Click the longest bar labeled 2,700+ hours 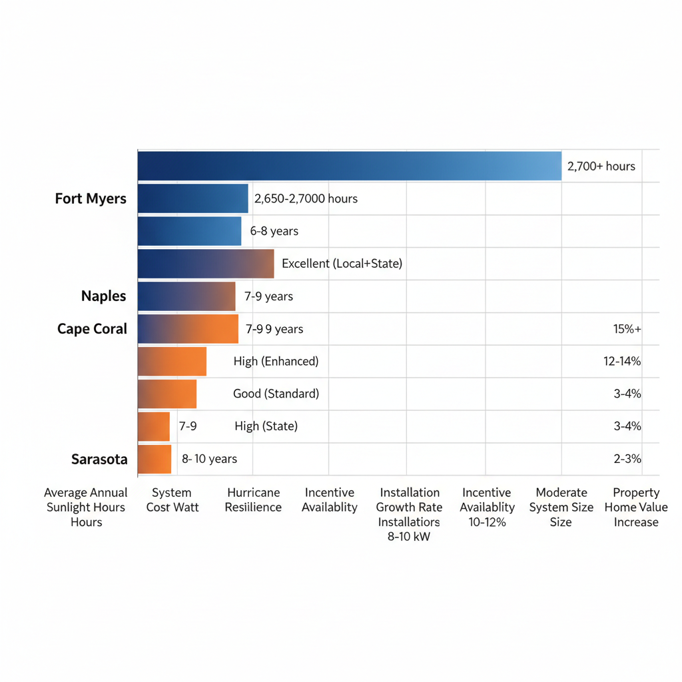point(350,166)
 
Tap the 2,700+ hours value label point(601,167)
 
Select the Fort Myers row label point(91,198)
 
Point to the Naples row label point(104,296)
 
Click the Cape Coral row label point(92,329)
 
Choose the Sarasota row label point(99,459)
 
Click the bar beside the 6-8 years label point(190,231)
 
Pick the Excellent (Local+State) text point(342,264)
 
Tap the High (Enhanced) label point(276,362)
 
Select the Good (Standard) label point(276,394)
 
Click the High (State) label point(266,426)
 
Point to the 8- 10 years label point(209,459)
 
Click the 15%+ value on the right point(627,329)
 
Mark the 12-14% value point(622,362)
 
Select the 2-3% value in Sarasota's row point(627,459)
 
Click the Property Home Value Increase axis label point(636,508)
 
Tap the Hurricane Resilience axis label point(253,500)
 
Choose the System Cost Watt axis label point(172,500)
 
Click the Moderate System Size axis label point(561,508)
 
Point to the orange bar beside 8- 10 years point(155,459)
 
